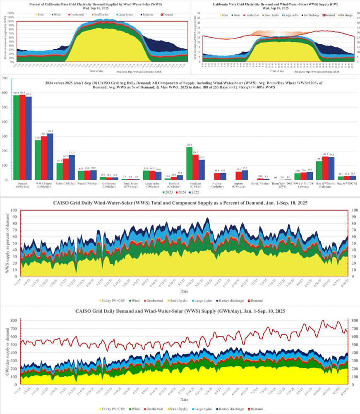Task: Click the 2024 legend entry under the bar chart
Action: coord(179,193)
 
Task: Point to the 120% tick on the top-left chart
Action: coord(11,13)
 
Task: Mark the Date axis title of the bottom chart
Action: coord(183,400)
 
